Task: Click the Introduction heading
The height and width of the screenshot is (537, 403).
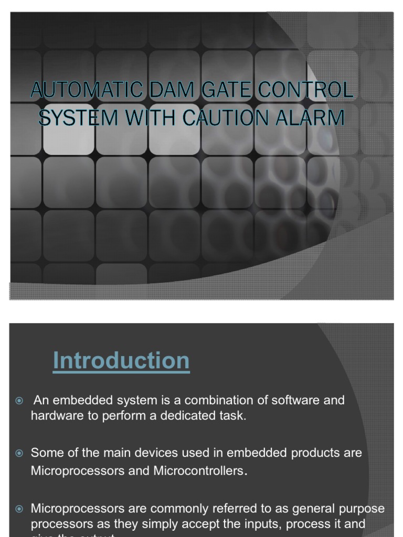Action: click(x=121, y=361)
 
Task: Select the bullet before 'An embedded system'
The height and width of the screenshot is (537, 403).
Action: click(x=19, y=401)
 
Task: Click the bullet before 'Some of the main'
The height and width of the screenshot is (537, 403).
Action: click(x=19, y=453)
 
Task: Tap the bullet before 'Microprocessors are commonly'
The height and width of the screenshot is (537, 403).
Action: click(x=19, y=509)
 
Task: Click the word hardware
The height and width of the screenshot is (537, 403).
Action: click(x=55, y=416)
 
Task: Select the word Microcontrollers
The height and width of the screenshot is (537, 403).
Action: click(x=199, y=471)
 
